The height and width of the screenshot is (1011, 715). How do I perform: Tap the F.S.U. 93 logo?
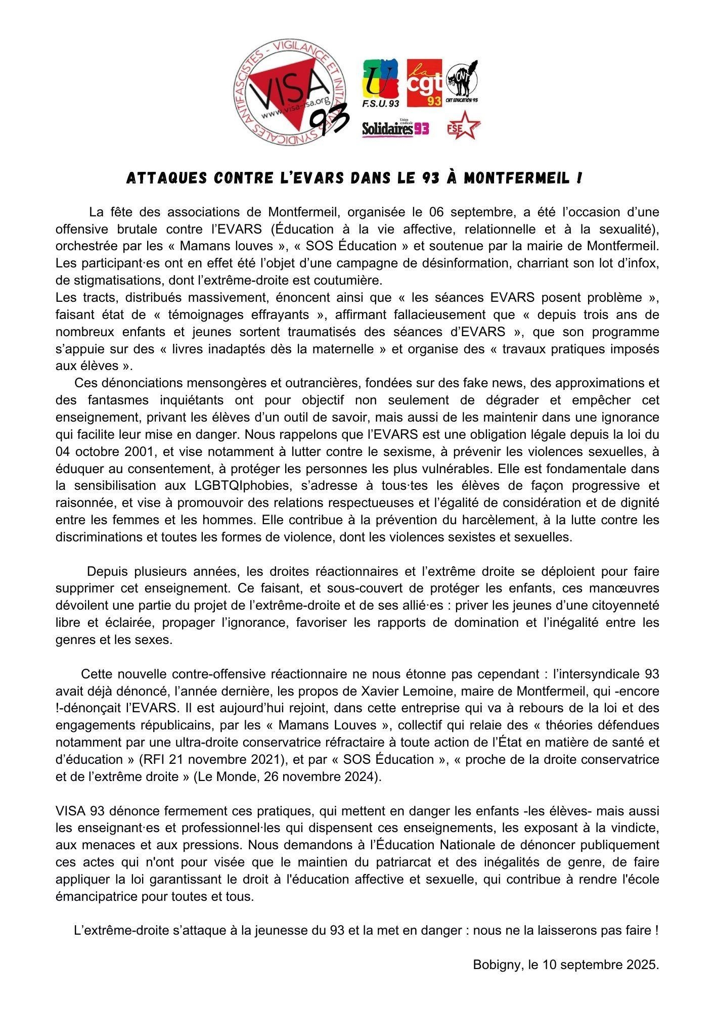[381, 82]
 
